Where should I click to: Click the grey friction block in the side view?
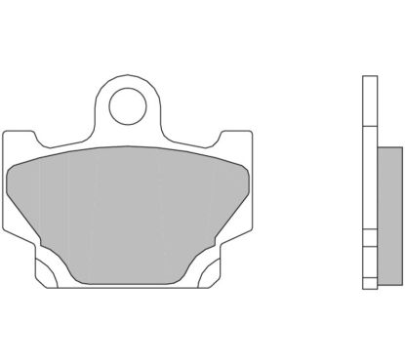387,206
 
